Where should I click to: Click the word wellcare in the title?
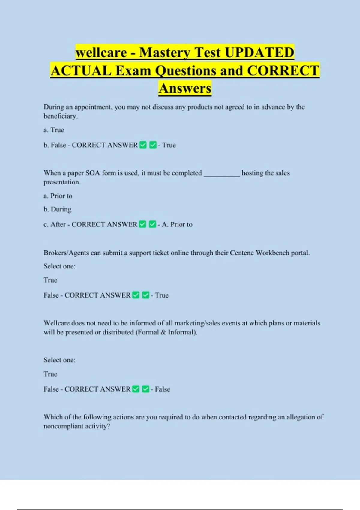101,53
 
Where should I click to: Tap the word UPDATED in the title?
259,53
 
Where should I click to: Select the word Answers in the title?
185,88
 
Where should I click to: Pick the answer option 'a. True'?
54,130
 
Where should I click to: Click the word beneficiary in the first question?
60,116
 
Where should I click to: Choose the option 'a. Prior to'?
58,196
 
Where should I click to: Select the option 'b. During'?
57,209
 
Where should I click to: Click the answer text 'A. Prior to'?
177,224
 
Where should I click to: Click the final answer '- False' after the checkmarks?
160,389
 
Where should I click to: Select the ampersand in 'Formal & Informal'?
163,332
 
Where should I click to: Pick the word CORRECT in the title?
283,71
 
